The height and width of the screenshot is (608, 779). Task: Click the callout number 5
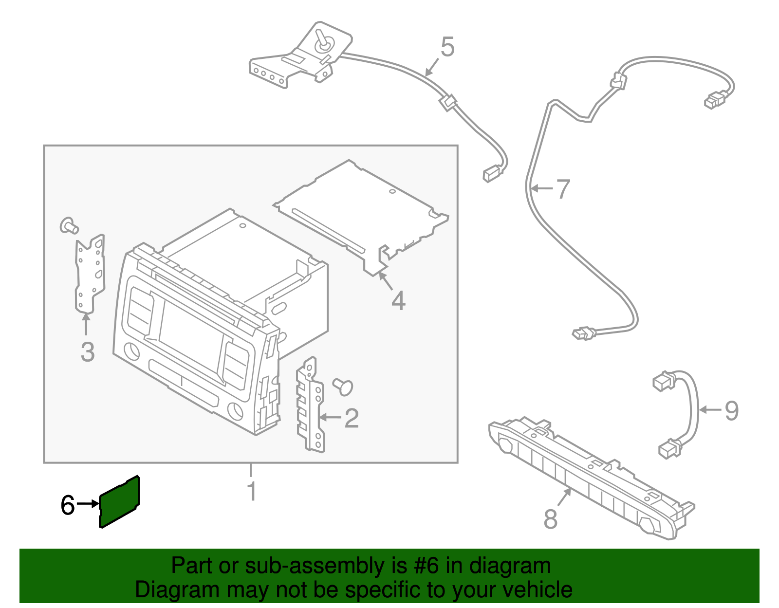(x=447, y=47)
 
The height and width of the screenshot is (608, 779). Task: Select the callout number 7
(x=563, y=189)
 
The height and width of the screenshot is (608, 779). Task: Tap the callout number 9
(x=732, y=410)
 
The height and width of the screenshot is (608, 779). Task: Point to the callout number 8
(x=551, y=519)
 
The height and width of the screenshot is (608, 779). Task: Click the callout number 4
(x=398, y=301)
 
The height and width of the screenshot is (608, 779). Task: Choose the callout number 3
(x=88, y=352)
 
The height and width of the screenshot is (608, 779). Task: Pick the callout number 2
(x=352, y=418)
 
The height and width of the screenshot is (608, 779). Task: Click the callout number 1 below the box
(x=252, y=491)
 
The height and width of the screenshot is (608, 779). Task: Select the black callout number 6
(x=68, y=505)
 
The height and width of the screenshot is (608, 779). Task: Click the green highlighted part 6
(x=119, y=502)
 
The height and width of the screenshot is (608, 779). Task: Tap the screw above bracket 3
(x=69, y=226)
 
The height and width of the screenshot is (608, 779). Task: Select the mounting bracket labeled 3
(x=90, y=274)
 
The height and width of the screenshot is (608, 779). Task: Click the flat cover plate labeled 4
(x=360, y=218)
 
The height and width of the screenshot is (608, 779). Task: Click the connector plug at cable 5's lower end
(x=491, y=173)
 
